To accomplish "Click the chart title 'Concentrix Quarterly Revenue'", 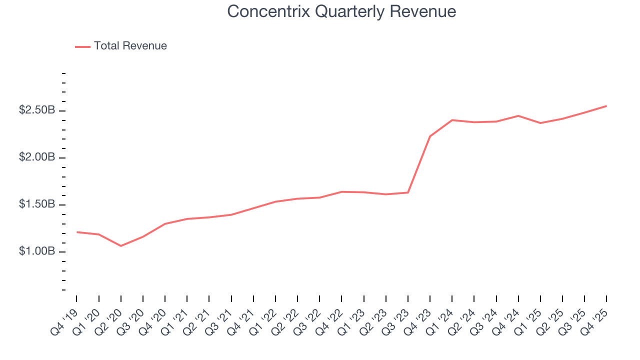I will pos(341,11).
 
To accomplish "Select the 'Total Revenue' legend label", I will pos(130,46).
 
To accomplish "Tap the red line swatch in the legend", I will pos(82,46).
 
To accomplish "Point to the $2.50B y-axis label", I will pos(37,110).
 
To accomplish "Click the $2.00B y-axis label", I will pos(37,157).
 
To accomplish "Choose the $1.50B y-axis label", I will pos(37,204).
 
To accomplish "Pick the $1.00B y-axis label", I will pos(37,251).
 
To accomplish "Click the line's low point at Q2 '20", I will pos(120,246).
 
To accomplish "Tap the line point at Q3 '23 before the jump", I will pos(408,192).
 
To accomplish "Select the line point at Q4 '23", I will pos(430,136).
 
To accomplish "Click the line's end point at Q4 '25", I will pos(606,106).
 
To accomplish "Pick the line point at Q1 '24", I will pos(452,120).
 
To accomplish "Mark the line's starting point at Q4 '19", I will pos(76,232).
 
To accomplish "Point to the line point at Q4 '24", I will pos(518,116).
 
